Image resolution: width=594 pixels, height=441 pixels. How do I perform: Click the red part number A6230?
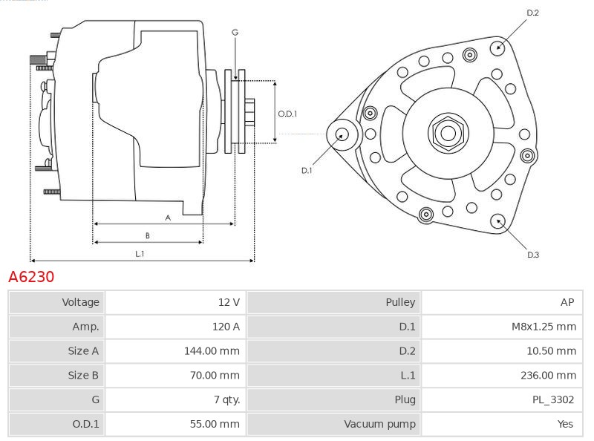tap(31, 277)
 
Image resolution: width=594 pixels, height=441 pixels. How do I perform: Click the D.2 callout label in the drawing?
tap(532, 13)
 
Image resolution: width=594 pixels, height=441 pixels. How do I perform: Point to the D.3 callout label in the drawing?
tap(532, 255)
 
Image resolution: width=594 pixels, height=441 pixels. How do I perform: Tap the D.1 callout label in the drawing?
tap(307, 171)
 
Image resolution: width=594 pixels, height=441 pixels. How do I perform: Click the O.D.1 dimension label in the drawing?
tap(287, 114)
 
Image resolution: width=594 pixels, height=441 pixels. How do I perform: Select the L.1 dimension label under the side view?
tap(139, 254)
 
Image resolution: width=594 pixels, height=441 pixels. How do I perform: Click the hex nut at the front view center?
tap(448, 133)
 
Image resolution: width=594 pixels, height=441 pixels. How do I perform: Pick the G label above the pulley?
tap(235, 32)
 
